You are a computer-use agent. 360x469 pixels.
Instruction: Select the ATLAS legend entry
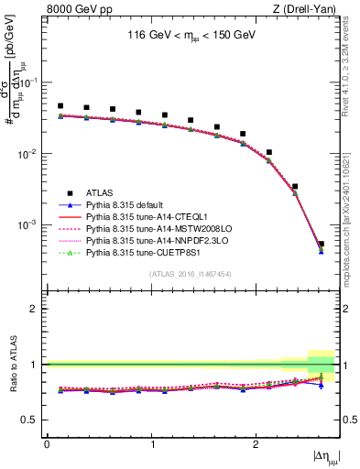pyautogui.click(x=100, y=192)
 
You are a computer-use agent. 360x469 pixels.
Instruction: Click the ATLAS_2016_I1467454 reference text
pyautogui.click(x=190, y=274)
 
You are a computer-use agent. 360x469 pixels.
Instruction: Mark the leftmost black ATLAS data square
pyautogui.click(x=60, y=106)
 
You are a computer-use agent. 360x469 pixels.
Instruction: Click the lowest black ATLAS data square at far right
pyautogui.click(x=321, y=245)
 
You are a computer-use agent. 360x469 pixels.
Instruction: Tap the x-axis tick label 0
pyautogui.click(x=47, y=443)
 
